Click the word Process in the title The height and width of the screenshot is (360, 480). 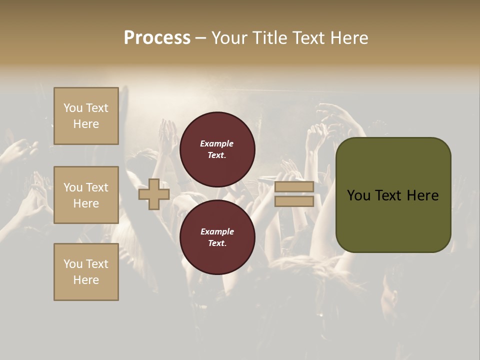coord(157,37)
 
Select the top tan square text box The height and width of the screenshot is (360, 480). coord(86,116)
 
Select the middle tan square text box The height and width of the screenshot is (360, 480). coord(86,195)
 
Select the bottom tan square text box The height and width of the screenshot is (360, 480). coord(86,272)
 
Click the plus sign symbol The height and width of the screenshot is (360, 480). coord(154,194)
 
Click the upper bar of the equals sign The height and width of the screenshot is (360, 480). coord(294,187)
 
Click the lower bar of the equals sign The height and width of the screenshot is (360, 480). coord(294,201)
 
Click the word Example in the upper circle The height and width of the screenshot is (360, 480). coord(217,143)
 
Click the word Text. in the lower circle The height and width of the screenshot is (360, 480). coord(217,243)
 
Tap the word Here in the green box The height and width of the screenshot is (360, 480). coord(422,195)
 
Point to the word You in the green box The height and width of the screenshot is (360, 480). coord(358,195)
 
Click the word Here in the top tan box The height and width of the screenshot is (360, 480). coord(86,124)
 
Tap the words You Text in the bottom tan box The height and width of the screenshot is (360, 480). coord(86,264)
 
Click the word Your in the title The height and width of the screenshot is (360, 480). coord(230,37)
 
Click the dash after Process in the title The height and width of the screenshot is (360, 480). coord(200,38)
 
